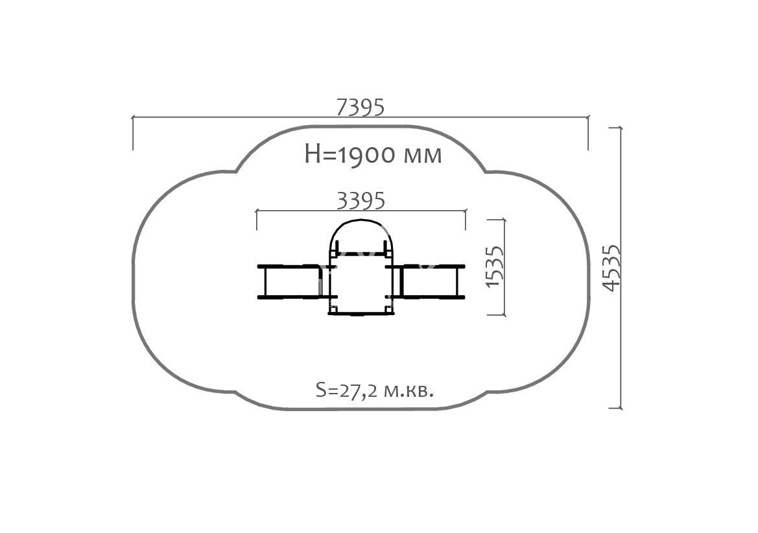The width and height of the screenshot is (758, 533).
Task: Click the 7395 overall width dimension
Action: coord(360,107)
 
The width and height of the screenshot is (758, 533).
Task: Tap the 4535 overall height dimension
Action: coord(611,268)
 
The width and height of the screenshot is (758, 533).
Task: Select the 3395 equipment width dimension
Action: coord(361,200)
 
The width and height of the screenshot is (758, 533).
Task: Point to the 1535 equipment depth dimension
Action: coord(494,267)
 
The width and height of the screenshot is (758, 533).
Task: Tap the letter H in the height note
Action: coord(313,154)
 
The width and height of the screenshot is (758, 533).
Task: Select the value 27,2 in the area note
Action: coord(354,392)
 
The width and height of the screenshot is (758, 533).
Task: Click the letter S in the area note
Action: coord(320,390)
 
